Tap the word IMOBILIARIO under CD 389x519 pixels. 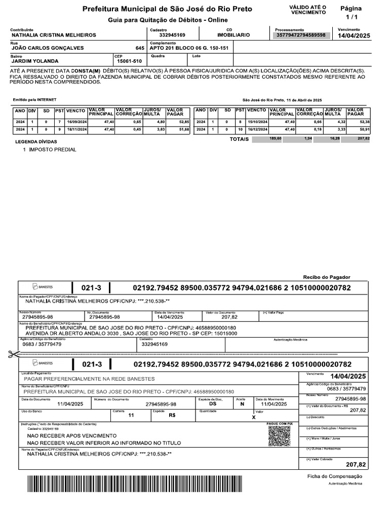coord(233,35)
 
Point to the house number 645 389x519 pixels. coord(140,48)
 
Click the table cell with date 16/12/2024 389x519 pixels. coord(257,130)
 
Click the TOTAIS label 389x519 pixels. coord(239,139)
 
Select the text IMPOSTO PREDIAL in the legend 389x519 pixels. coord(53,150)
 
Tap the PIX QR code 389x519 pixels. coord(280,436)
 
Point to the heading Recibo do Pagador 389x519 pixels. coord(326,277)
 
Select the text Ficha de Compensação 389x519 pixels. coord(335,476)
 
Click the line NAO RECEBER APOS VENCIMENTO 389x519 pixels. coord(71,436)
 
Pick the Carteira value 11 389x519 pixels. coord(131,415)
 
